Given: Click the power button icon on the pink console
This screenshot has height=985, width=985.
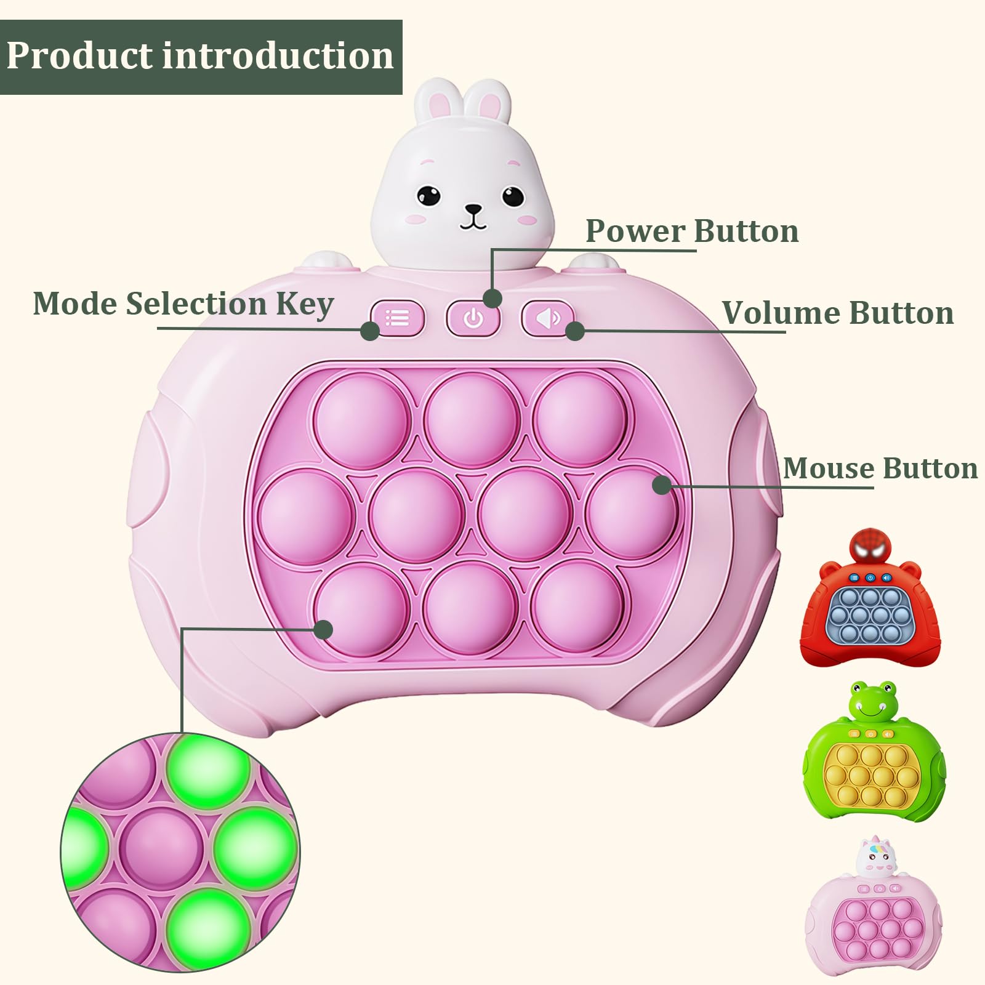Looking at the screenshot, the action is pyautogui.click(x=473, y=318).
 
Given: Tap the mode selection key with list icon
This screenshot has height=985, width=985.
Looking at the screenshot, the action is pyautogui.click(x=398, y=318).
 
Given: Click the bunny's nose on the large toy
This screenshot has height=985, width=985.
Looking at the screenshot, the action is pyautogui.click(x=473, y=209).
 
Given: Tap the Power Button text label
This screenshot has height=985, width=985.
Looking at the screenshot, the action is pyautogui.click(x=692, y=231).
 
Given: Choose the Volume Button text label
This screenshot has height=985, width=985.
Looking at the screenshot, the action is pyautogui.click(x=838, y=313).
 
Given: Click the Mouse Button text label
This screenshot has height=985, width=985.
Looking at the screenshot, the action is pyautogui.click(x=880, y=468).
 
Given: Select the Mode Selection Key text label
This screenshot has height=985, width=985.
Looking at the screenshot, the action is pyautogui.click(x=183, y=304).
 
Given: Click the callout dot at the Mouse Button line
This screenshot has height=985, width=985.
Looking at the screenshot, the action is pyautogui.click(x=662, y=484).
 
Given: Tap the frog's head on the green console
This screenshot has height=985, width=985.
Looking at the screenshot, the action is pyautogui.click(x=873, y=701).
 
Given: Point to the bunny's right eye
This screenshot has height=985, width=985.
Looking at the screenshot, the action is pyautogui.click(x=512, y=196).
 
